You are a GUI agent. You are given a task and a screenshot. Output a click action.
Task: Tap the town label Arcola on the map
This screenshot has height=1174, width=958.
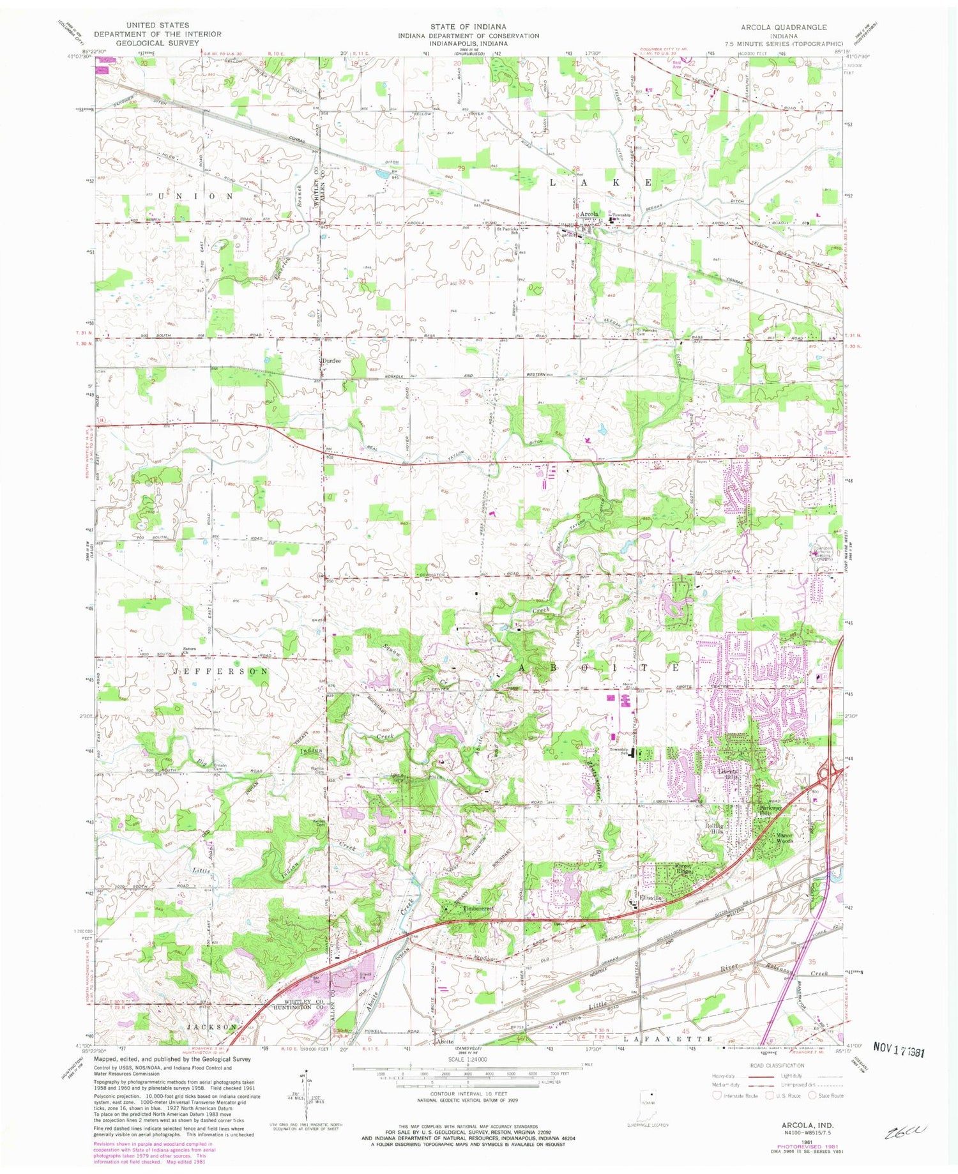589,214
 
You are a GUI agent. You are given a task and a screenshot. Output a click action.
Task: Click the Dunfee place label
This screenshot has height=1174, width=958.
331,361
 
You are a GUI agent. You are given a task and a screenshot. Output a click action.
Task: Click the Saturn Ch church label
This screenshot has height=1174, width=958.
188,650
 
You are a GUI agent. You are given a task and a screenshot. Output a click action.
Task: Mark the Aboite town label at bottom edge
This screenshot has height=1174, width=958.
445,1041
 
